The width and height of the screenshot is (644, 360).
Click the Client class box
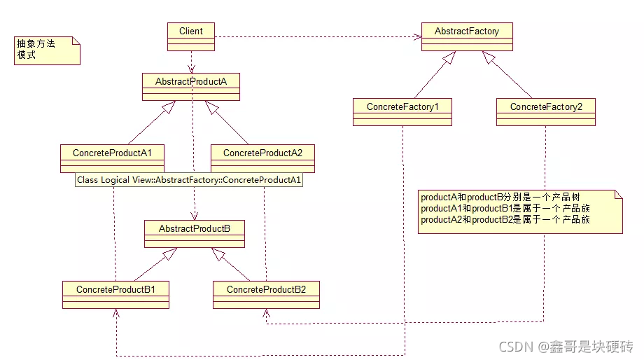[x=191, y=36]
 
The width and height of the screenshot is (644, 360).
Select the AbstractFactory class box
[x=467, y=36]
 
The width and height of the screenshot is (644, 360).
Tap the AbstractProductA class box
[x=191, y=87]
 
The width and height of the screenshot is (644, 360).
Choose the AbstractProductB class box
[x=195, y=234]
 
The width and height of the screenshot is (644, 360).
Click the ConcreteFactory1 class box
[x=402, y=112]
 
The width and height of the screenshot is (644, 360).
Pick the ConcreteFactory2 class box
[x=546, y=112]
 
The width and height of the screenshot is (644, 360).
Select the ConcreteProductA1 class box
[x=112, y=158]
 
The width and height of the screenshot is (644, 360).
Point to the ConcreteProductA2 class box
[x=263, y=158]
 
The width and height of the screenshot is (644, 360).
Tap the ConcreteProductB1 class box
[x=115, y=295]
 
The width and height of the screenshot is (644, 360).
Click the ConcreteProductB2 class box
[x=266, y=295]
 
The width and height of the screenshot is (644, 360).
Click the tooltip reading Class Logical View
[x=189, y=180]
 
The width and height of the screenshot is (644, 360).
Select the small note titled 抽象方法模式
[x=47, y=50]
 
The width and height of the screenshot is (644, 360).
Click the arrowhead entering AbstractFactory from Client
[x=418, y=36]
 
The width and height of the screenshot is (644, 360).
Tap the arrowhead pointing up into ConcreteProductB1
[x=116, y=313]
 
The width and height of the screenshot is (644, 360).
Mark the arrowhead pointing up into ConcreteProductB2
[x=267, y=313]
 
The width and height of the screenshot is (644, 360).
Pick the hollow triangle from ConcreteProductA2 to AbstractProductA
[x=212, y=108]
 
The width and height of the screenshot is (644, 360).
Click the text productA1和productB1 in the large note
[x=467, y=208]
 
